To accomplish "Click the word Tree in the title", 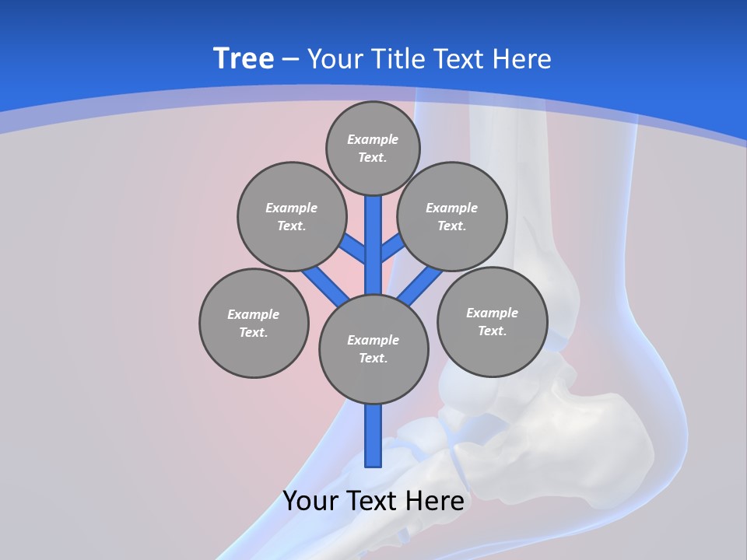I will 243,59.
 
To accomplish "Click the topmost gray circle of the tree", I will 373,149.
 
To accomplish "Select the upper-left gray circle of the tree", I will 292,217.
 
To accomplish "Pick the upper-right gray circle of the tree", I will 452,217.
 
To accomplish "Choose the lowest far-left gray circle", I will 254,324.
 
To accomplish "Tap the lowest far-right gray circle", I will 492,321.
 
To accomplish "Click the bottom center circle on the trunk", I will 373,349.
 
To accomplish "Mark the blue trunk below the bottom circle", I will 373,436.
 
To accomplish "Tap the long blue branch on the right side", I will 421,285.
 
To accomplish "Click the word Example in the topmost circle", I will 373,140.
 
